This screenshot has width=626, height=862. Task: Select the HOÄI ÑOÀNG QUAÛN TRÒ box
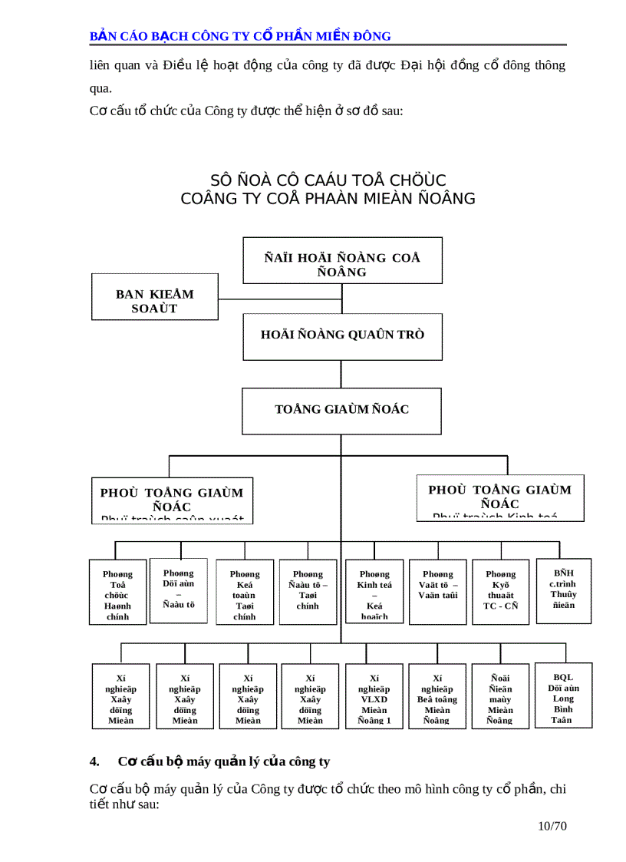343,336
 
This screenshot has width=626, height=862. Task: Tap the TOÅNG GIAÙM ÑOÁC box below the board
342,411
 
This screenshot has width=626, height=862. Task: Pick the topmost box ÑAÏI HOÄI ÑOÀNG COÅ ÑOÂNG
342,261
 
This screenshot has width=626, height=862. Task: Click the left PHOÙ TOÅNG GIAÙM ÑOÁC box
171,500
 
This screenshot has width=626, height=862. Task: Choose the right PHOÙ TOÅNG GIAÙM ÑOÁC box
499,497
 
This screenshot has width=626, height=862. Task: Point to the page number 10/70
552,826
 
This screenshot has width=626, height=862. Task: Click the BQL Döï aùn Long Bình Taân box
563,695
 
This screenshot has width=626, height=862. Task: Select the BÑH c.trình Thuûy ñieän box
563,590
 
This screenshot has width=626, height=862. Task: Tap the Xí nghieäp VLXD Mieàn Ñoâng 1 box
374,696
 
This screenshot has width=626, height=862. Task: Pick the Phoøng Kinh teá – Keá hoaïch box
374,592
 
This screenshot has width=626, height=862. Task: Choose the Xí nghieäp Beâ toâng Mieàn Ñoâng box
437,696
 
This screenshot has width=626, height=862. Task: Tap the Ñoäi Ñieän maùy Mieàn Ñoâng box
500,696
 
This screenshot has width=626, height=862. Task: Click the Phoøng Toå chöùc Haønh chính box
118,592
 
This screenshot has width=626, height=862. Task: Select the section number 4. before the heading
95,761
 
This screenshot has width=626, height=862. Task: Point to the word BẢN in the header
102,35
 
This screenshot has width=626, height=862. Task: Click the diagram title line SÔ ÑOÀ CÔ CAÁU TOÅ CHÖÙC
328,180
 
